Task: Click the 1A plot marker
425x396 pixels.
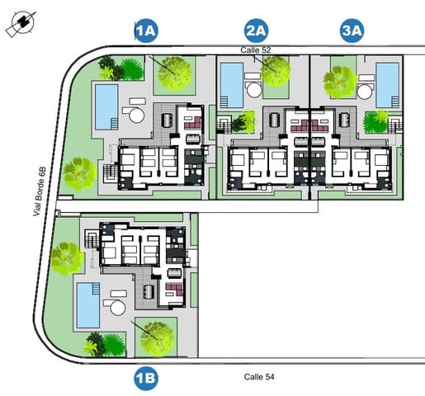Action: coord(147,32)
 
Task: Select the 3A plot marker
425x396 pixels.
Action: coord(352,32)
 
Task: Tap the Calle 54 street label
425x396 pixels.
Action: coord(259,377)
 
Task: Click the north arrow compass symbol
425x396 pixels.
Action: coord(20,25)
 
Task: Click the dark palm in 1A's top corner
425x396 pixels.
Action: coord(110,65)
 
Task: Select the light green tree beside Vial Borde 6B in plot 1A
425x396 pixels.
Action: coord(78,172)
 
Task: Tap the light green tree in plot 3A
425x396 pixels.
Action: coord(338,80)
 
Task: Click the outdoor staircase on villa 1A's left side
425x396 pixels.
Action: coord(110,172)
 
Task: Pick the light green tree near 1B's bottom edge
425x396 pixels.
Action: coord(155,335)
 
